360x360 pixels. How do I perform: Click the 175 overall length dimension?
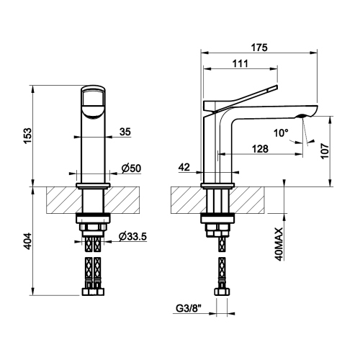pyautogui.click(x=260, y=48)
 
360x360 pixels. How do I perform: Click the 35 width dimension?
pyautogui.click(x=125, y=132)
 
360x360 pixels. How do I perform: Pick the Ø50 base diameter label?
pyautogui.click(x=130, y=168)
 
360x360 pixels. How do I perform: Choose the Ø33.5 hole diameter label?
pyautogui.click(x=133, y=237)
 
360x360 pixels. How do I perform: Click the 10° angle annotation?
pyautogui.click(x=280, y=133)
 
